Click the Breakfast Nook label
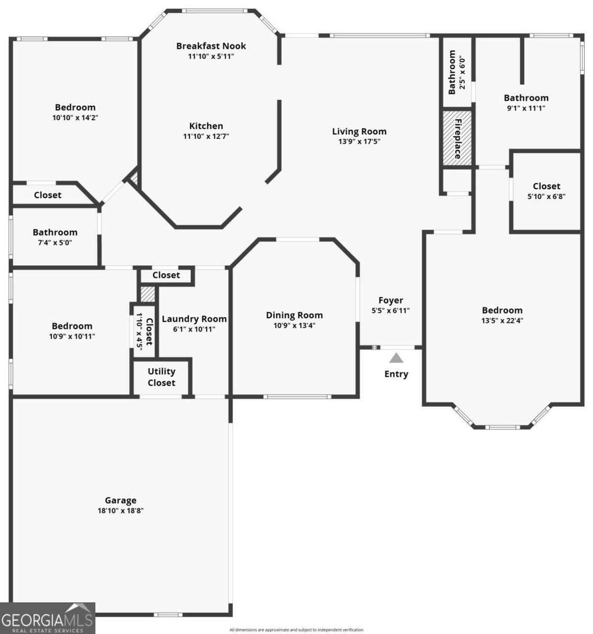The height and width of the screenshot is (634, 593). pos(211,46)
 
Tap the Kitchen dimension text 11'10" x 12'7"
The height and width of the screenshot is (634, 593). pos(206,136)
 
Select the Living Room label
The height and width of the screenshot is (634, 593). pos(359,131)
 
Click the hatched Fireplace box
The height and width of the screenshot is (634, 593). pos(457,138)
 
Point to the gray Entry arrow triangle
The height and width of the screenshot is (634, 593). pos(396,358)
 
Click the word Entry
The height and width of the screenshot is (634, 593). pos(396,374)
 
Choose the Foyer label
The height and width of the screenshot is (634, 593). pos(391,300)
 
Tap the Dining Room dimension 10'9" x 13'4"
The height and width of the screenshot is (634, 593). pos(294,325)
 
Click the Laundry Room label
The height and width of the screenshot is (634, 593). pos(194,319)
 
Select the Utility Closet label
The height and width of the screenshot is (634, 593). pos(161,377)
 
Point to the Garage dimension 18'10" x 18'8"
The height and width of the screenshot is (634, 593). pos(121,510)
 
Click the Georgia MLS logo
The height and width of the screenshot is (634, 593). pos(47,618)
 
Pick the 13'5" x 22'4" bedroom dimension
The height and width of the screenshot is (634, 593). pos(502,321)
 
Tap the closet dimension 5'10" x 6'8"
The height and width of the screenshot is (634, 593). pos(546,197)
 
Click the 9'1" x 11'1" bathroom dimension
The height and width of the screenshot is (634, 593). pos(526,108)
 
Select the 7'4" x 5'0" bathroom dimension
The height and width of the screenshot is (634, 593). pos(55,243)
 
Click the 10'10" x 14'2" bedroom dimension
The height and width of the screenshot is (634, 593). pos(75,117)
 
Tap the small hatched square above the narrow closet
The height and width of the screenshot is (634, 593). pos(147,294)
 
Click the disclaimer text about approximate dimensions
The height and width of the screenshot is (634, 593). pos(296,630)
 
